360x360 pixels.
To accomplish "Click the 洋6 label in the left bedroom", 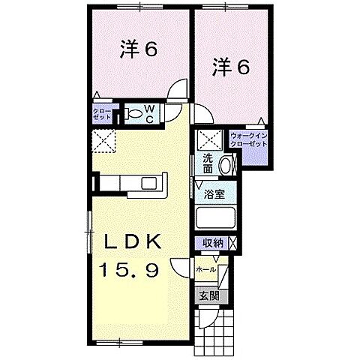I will pos(138,51).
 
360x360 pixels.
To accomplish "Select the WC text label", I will pos(149,115).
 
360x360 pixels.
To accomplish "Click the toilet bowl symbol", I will pos(133,114).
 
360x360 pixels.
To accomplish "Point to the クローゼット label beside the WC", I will pos(101,115).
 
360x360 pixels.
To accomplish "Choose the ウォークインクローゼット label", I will pos(248,139).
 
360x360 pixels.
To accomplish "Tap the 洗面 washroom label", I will pos(209,164).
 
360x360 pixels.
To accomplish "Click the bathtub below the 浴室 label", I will pos(216,219).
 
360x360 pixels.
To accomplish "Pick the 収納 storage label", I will pos(211,243).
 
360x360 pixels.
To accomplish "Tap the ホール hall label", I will pos(205,268).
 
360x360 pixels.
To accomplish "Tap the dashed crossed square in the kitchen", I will pos(103,139).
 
